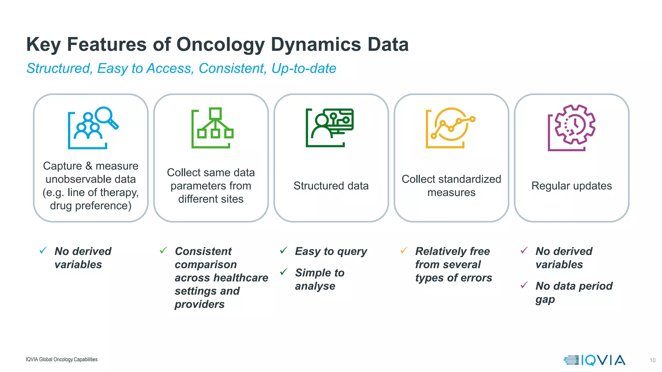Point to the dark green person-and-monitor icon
coord(330,128)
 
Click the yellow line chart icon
coord(451,128)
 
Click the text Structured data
coord(331,186)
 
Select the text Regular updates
coord(571,186)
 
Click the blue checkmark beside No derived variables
coord(43,250)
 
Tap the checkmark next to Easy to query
coord(283,250)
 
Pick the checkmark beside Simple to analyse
coord(283,272)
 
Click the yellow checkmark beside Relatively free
coord(404,250)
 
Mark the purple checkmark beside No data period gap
coord(524,285)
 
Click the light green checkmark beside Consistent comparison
coord(163,250)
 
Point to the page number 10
coord(652,360)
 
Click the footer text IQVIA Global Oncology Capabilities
coord(61,359)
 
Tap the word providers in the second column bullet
coord(199,304)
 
